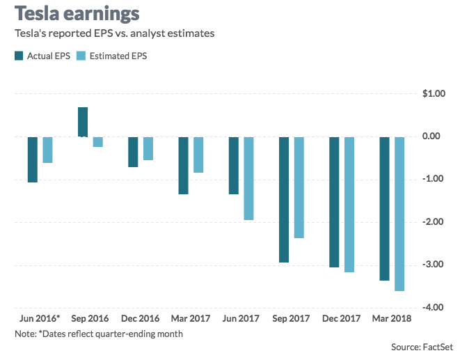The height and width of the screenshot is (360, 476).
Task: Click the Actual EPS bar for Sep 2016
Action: point(83,122)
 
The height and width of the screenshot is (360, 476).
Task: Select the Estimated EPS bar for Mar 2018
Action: point(399,213)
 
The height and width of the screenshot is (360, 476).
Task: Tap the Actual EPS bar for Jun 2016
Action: point(33,159)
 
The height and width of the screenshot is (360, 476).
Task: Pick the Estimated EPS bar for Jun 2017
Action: point(248,178)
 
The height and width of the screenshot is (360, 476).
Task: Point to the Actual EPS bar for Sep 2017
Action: point(284,199)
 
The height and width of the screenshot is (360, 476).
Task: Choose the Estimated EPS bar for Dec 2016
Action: point(148,148)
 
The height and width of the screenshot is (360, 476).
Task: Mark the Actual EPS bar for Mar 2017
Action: point(184,165)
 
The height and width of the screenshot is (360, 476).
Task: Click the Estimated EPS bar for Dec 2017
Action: point(349,204)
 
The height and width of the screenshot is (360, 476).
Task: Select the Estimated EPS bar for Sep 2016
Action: point(98,142)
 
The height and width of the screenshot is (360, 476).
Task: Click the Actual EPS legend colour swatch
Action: point(18,56)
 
